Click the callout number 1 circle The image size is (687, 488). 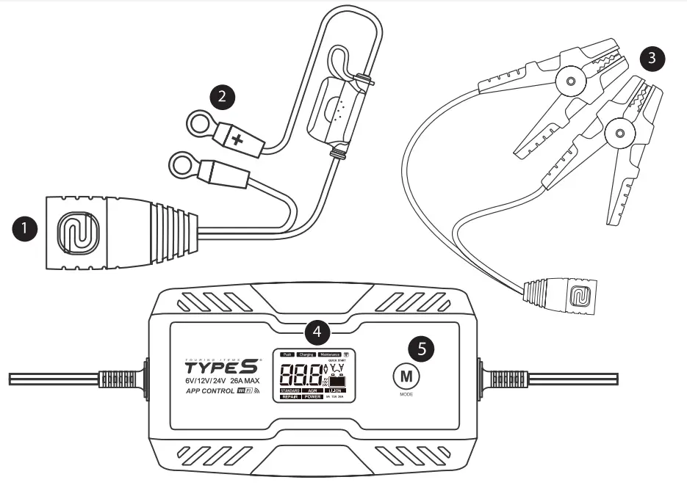pos(26,228)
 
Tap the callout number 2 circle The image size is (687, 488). pos(222,97)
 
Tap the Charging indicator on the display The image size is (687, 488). pos(306,354)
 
